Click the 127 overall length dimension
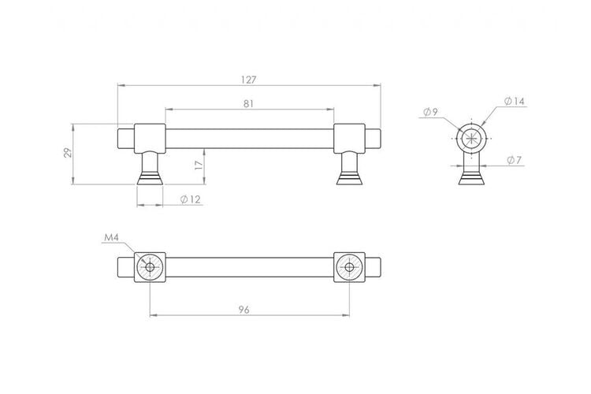click(248, 80)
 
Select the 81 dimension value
click(248, 104)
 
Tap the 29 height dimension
click(68, 153)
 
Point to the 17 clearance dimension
click(199, 165)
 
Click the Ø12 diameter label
click(191, 199)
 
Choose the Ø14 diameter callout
click(514, 101)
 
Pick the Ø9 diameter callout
click(430, 112)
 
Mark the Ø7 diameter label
click(514, 160)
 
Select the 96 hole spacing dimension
click(243, 310)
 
